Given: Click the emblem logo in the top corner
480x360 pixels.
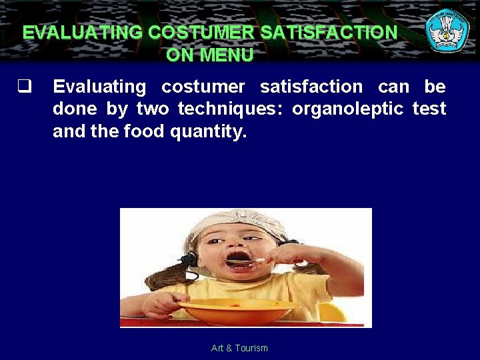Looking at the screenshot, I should coord(447,30).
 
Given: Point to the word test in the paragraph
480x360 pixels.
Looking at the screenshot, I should coord(429,109).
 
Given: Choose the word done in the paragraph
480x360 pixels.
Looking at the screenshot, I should coord(75,109).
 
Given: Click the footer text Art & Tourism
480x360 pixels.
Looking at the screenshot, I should coord(239,348).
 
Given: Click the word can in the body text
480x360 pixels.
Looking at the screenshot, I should coord(394,86).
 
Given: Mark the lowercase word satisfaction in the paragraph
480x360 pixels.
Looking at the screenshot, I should coord(311,86).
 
